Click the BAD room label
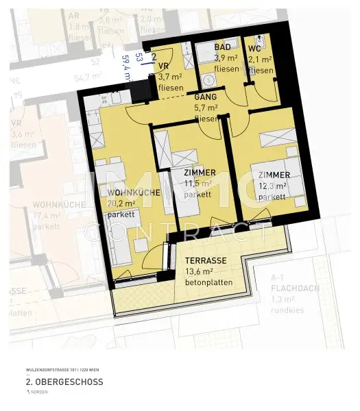coord(222,47)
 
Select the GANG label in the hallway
coord(206,97)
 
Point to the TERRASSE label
coord(206,261)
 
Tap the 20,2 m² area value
coord(120,203)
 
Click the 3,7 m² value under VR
coord(169,77)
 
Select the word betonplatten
coord(209,282)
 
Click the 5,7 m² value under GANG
coord(206,108)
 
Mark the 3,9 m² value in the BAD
coord(226,58)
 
